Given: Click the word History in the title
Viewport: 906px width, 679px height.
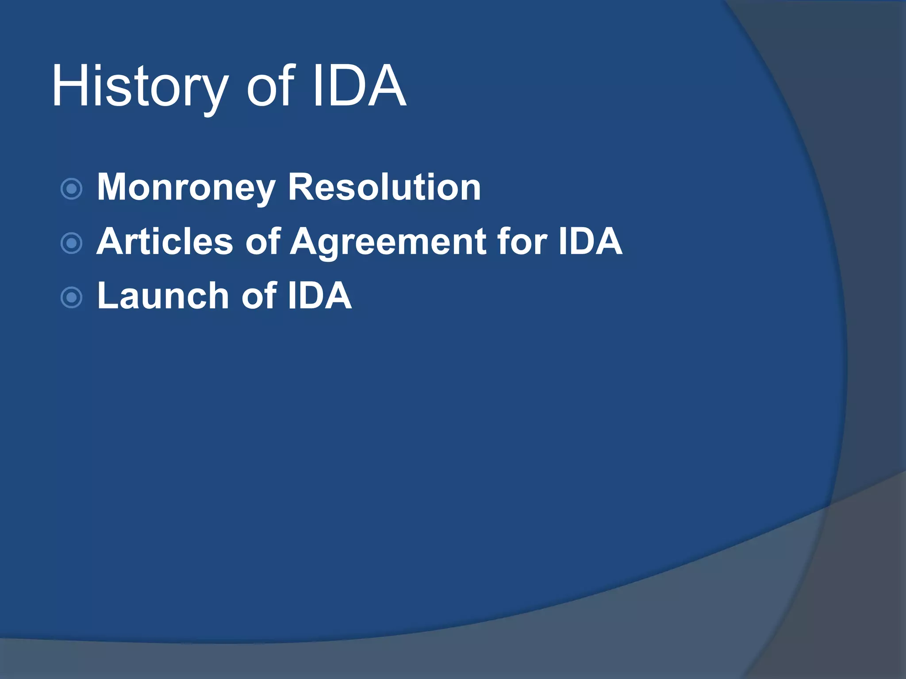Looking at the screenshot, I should [140, 86].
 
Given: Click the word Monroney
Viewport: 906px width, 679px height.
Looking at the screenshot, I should [186, 188].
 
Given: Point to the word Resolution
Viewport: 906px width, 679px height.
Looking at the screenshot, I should [384, 187].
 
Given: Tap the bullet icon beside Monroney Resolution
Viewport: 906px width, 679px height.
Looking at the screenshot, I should [71, 189].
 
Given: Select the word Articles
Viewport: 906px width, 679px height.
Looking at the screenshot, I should [165, 241].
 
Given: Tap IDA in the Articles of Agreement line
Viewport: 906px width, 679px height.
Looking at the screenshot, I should [590, 241].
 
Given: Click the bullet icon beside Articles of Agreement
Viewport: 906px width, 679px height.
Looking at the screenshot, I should [71, 243].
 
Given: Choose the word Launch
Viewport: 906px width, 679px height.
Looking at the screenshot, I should [162, 295].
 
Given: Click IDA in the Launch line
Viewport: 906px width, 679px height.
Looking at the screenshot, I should [319, 295].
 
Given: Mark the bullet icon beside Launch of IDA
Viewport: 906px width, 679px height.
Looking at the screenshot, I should [71, 298].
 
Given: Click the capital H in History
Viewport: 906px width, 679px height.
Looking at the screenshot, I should [68, 86].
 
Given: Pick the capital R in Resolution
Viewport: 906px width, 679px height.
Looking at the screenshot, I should [301, 187].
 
